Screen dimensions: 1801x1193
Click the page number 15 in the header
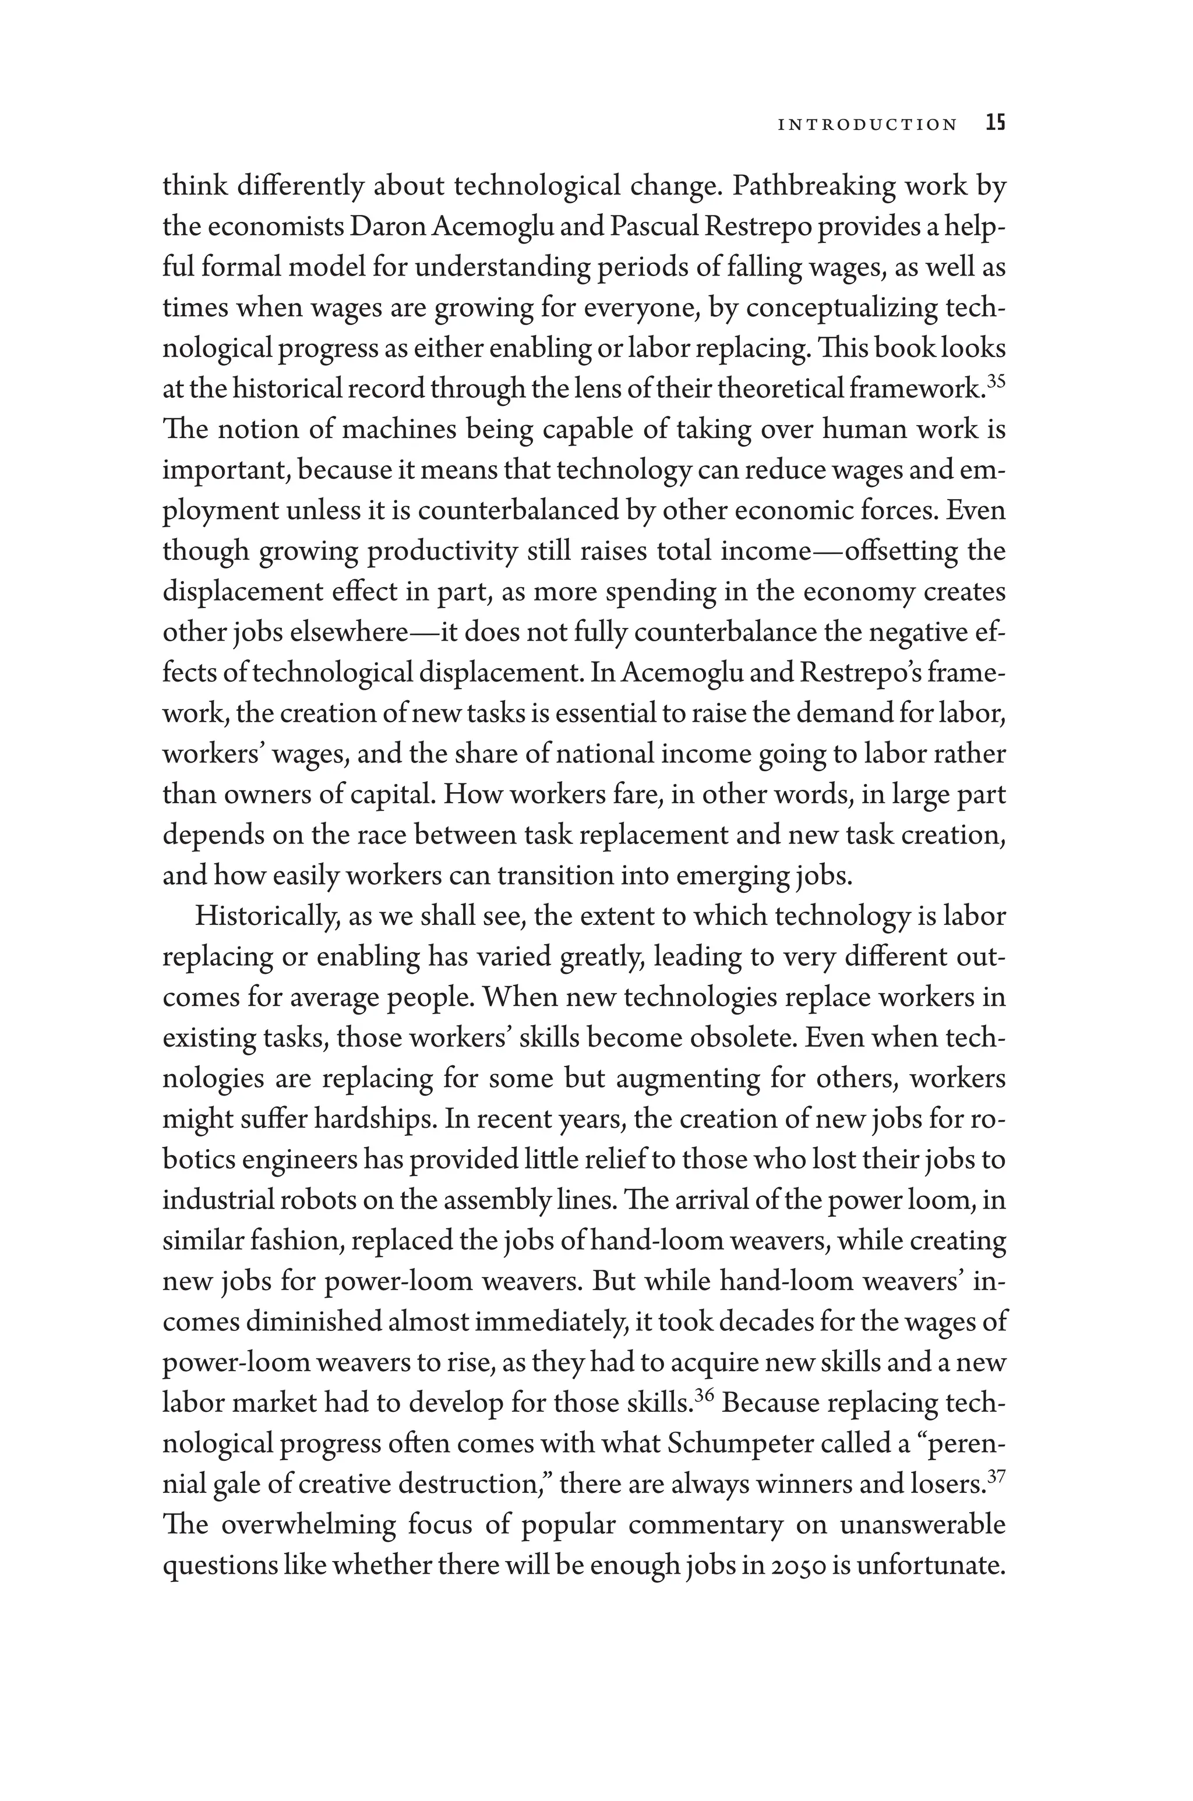[995, 123]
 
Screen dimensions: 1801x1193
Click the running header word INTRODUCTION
[867, 125]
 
